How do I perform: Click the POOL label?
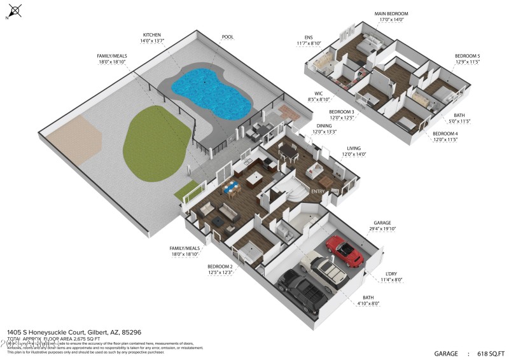(227, 38)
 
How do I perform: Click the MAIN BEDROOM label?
(391, 13)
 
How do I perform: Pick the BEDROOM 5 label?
(467, 57)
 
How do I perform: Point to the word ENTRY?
(319, 191)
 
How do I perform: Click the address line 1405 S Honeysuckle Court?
(74, 332)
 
